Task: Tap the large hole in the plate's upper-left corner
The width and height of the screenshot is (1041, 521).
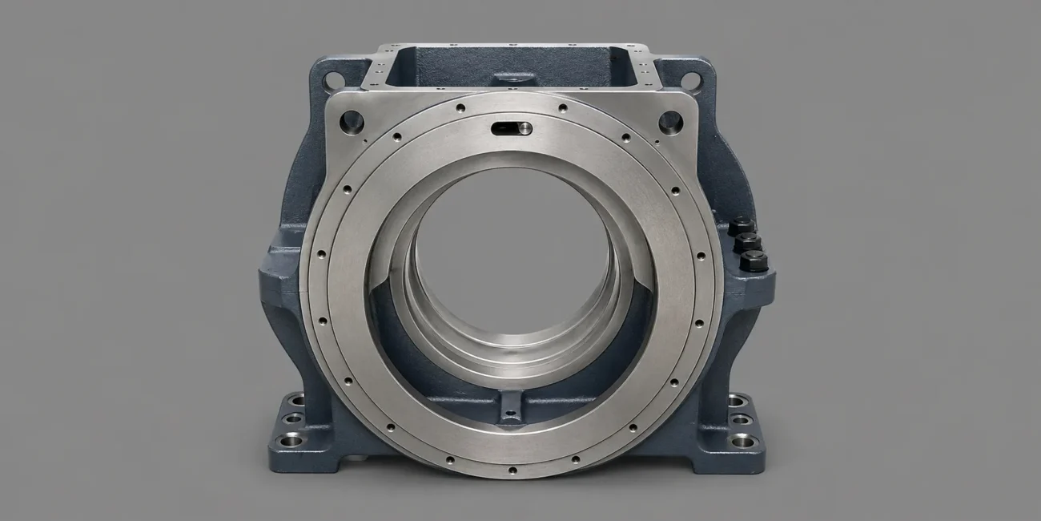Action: (351, 122)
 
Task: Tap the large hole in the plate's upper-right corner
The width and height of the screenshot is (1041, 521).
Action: (669, 122)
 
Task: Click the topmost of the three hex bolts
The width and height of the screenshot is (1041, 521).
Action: (741, 225)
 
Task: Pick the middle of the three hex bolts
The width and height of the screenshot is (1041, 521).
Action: (748, 242)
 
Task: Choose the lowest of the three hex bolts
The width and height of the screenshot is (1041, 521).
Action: (754, 260)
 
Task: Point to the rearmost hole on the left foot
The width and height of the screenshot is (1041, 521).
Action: (298, 399)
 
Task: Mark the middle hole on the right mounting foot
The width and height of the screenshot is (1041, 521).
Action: (742, 418)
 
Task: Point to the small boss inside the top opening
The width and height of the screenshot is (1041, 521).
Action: (513, 79)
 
